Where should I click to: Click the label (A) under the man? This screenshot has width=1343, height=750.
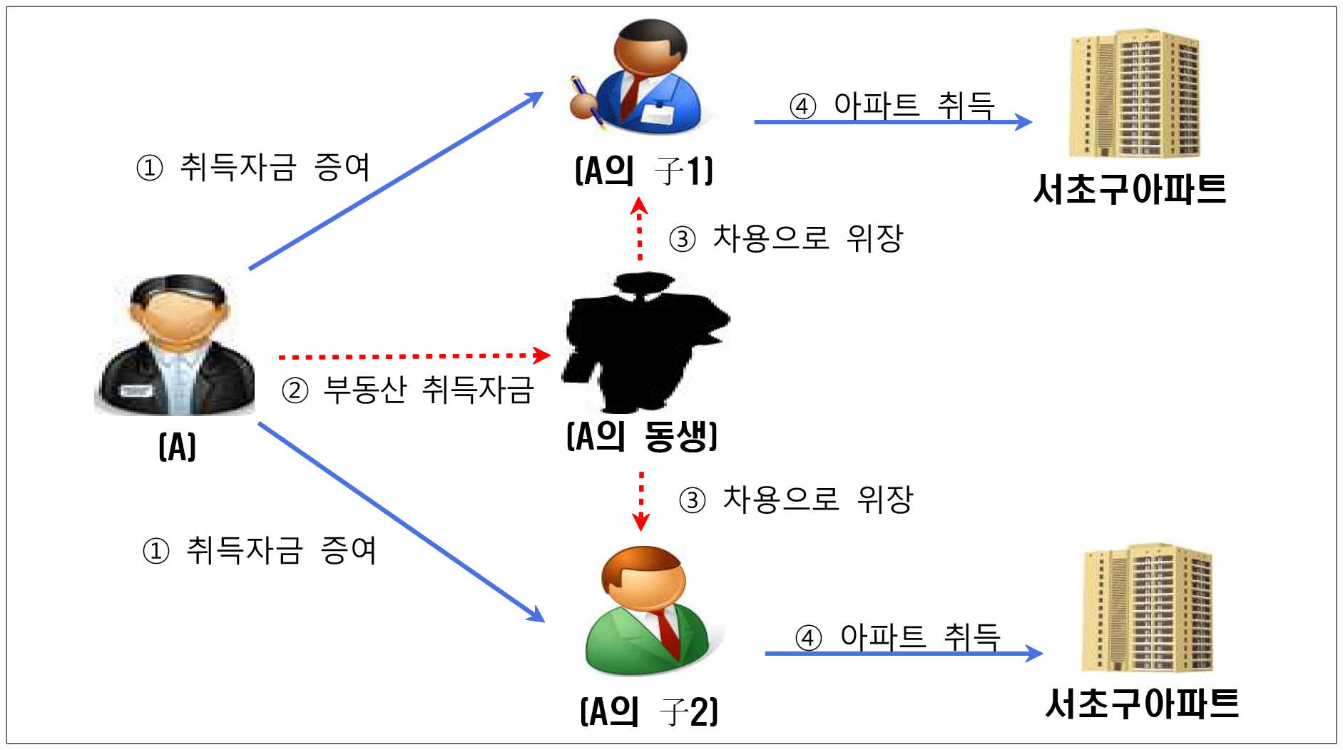[177, 447]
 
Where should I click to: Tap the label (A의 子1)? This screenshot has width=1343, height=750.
[644, 171]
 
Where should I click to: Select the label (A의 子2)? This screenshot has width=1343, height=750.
[649, 711]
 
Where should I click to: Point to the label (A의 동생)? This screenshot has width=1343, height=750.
[642, 436]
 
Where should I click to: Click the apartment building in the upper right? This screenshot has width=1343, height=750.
[1135, 93]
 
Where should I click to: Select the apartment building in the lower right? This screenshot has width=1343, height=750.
[1147, 608]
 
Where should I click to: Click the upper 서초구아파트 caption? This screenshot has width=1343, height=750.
[1130, 190]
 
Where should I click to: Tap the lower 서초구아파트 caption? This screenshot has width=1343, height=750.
[1142, 704]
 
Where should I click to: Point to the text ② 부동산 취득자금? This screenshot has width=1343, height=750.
[407, 390]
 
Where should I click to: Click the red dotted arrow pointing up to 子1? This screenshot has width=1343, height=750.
[640, 229]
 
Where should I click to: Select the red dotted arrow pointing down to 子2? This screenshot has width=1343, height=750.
[641, 501]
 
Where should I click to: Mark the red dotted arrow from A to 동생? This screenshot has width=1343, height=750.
[414, 355]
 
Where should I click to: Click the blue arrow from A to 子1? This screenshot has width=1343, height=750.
[397, 181]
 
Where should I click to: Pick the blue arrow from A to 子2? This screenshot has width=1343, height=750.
[402, 522]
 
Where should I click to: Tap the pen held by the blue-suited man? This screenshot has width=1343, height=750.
[588, 103]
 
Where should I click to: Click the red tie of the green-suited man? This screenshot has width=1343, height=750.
[668, 632]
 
